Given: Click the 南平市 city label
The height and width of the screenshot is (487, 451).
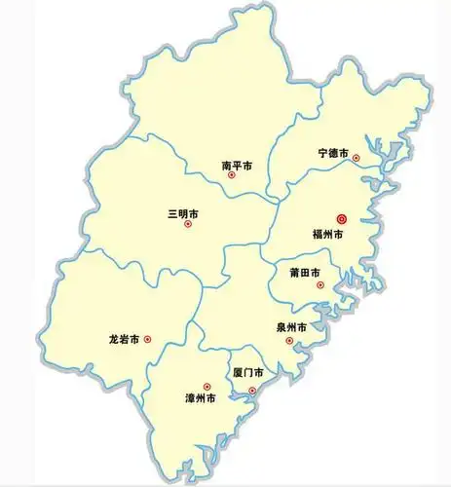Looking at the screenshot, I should point(238,165).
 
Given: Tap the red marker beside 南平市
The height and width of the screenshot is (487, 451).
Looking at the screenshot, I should point(232,176).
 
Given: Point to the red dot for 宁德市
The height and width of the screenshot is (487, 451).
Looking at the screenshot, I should point(357,158).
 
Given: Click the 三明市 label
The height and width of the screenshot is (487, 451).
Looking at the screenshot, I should point(183,212).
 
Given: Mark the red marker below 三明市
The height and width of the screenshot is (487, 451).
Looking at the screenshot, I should point(188,225).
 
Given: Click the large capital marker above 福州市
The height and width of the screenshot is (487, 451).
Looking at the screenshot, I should point(342,219).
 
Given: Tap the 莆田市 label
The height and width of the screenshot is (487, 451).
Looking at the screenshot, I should point(307,273).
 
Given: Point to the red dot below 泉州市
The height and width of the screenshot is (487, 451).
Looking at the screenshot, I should point(289,341).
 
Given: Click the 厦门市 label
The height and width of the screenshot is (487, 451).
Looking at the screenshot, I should point(247,373).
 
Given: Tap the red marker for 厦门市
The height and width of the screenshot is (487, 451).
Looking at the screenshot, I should point(252,392).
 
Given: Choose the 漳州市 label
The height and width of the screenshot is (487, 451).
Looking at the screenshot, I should point(201,398).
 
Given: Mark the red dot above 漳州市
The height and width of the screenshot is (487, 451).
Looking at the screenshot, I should point(207,386).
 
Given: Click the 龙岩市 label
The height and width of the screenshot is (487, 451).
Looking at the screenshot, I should point(126,340).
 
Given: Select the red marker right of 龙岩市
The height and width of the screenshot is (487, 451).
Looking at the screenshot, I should point(148,340).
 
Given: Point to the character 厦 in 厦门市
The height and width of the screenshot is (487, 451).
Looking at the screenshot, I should point(237,373).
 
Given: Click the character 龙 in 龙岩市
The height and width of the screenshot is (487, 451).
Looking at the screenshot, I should point(115,340).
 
